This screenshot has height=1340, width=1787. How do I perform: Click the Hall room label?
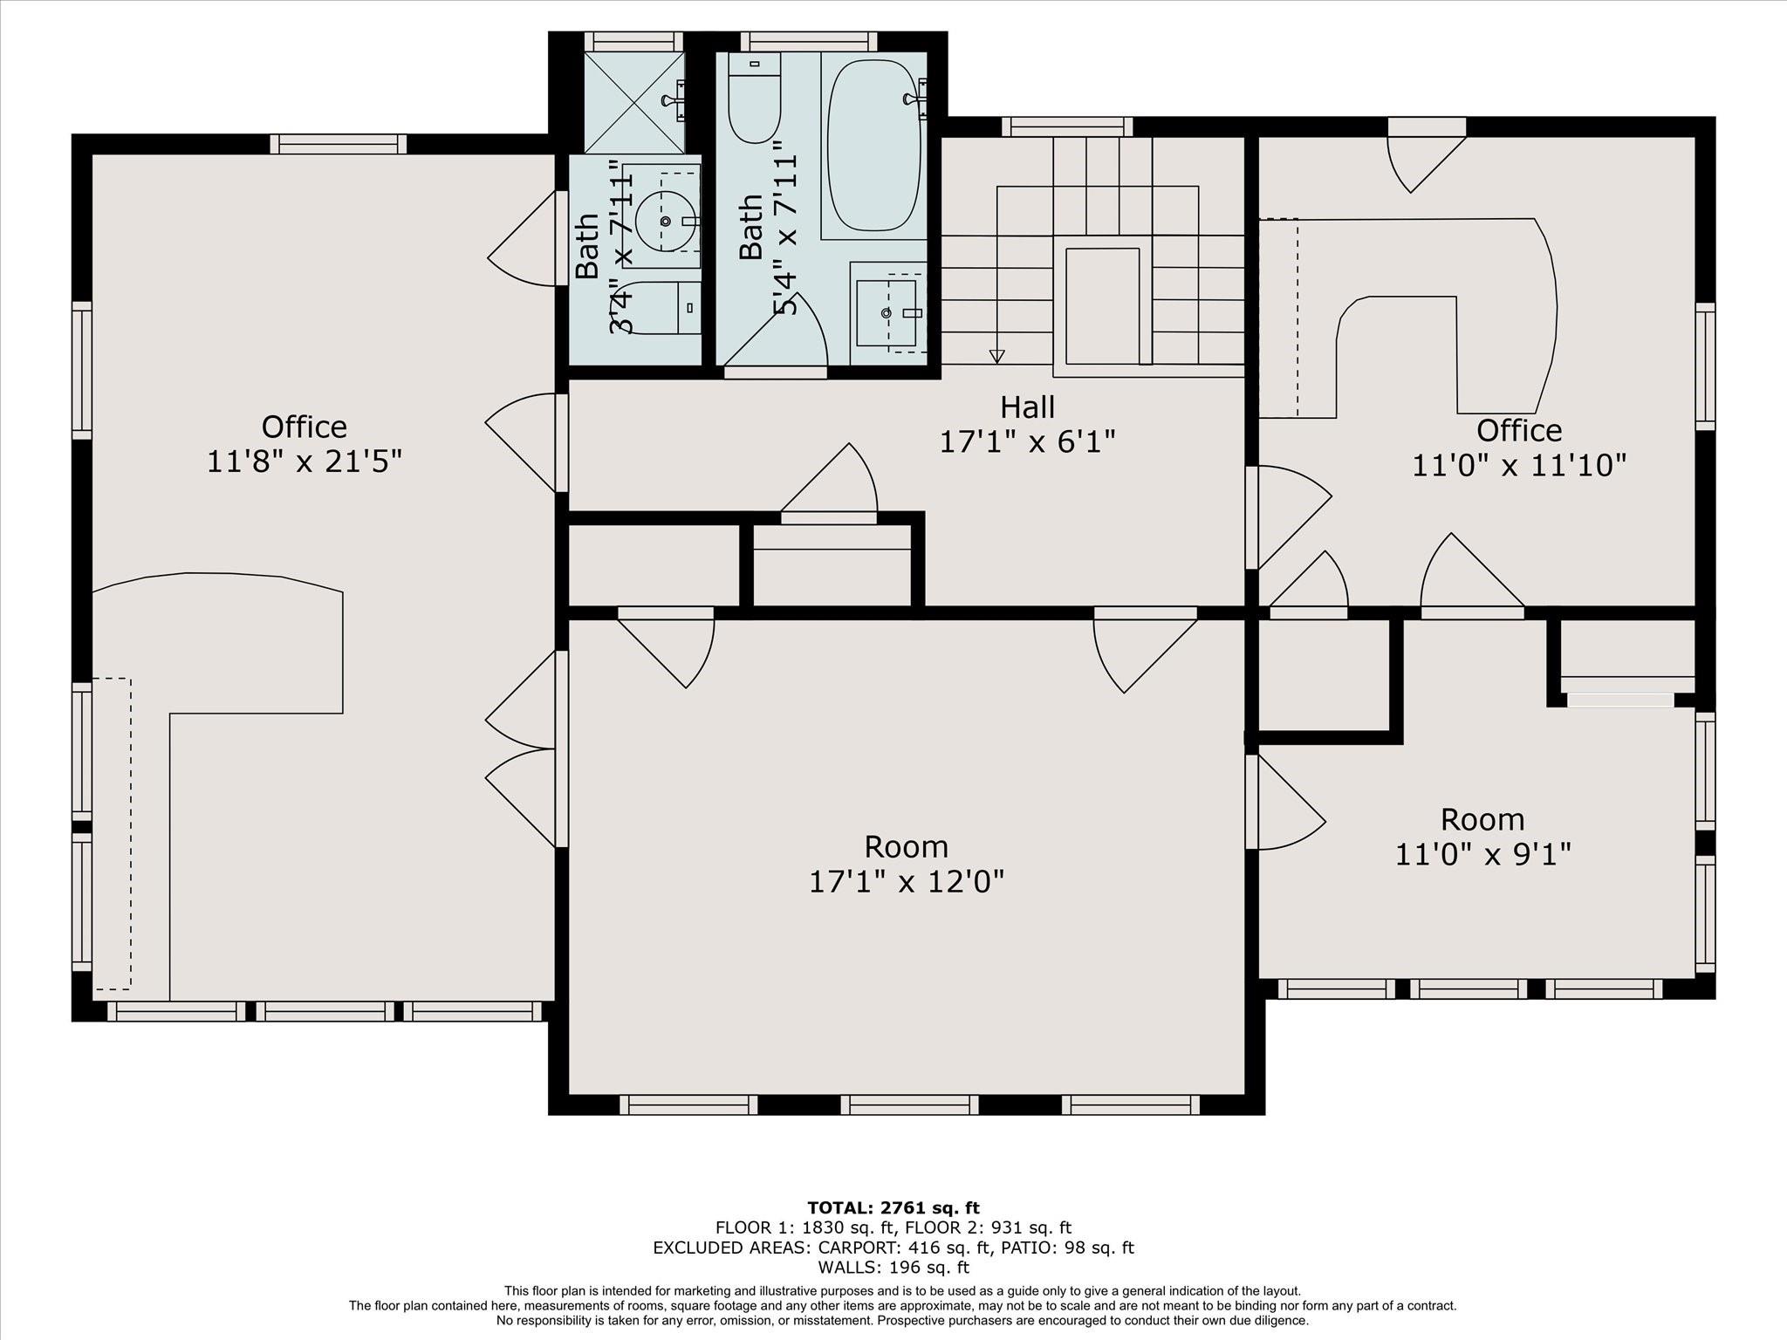tap(1027, 407)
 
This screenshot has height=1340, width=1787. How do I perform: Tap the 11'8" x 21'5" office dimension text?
tap(304, 461)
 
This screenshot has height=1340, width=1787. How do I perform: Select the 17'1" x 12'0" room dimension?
tap(907, 882)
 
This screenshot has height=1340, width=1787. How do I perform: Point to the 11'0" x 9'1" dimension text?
tap(1482, 854)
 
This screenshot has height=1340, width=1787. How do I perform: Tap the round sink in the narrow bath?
tap(666, 222)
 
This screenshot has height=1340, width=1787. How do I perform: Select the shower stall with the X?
tap(634, 103)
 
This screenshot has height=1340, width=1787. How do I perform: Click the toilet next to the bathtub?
tap(754, 98)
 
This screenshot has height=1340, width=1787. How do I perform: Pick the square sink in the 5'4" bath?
tap(886, 312)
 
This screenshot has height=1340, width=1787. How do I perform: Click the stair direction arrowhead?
tap(996, 356)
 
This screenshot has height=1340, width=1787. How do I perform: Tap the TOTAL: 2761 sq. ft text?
tap(893, 1208)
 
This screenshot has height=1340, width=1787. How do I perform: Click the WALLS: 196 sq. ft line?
tap(893, 1268)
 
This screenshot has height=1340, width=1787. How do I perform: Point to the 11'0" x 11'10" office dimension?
tap(1519, 466)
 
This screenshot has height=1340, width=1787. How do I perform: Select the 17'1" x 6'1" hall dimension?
tap(1027, 442)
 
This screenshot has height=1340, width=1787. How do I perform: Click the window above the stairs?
tap(1067, 127)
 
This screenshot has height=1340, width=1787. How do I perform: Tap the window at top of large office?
tap(338, 144)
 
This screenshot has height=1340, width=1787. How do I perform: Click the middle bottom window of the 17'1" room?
tap(909, 1104)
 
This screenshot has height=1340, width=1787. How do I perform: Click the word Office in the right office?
tap(1519, 430)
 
